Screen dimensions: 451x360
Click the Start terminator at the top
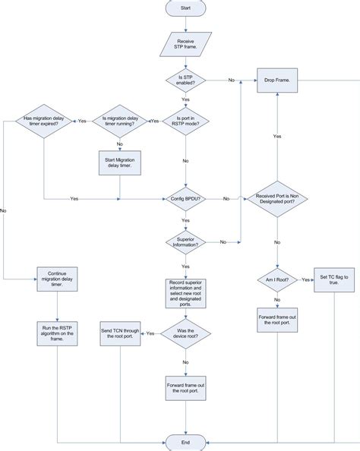[x=185, y=8]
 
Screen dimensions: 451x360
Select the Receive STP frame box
[x=185, y=43]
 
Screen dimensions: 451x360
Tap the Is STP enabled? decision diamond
[x=185, y=79]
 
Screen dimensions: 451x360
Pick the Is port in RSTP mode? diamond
[x=185, y=121]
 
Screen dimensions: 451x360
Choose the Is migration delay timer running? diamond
[x=120, y=121]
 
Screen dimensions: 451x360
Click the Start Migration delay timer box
[x=120, y=162]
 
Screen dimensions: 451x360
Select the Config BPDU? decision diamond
[x=185, y=199]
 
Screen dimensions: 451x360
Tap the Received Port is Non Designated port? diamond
[x=277, y=199]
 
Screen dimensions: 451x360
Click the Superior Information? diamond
[x=185, y=241]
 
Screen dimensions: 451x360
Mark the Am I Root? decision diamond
[x=277, y=279]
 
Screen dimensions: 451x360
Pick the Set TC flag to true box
[x=335, y=279]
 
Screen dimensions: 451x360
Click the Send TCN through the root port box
[x=120, y=332]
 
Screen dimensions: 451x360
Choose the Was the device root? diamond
[x=185, y=332]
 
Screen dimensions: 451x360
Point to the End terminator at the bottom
[x=185, y=442]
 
